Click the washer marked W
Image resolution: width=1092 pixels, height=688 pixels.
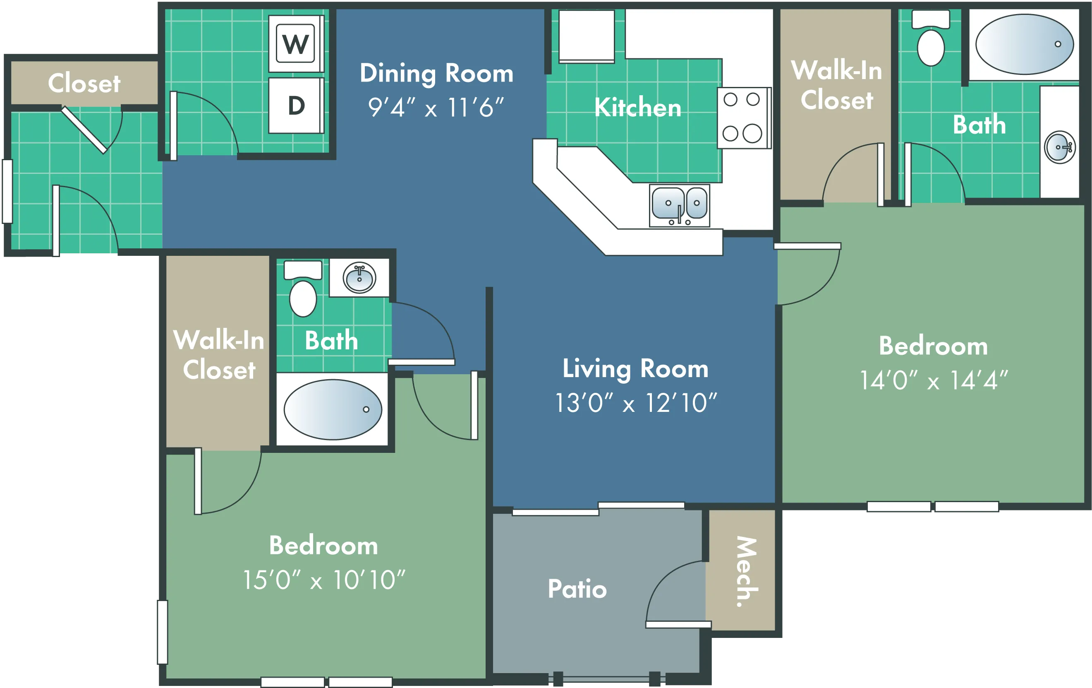[296, 43]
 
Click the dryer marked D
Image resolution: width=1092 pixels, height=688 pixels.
[296, 105]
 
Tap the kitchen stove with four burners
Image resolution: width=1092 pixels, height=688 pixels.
[744, 118]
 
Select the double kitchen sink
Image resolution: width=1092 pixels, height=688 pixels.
[679, 205]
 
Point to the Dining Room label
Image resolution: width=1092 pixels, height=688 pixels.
[436, 73]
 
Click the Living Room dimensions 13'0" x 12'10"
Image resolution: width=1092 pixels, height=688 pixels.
[636, 402]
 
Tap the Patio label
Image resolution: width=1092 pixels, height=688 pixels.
[577, 589]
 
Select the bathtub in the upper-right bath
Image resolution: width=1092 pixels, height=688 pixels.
[1025, 44]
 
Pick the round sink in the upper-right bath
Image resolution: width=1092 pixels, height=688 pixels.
[1059, 147]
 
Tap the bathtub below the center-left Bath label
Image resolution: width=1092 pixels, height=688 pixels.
[333, 409]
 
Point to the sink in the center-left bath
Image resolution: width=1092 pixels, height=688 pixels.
[359, 278]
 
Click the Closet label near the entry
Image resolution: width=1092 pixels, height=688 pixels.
[84, 83]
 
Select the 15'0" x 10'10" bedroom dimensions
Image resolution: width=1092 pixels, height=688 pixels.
[324, 580]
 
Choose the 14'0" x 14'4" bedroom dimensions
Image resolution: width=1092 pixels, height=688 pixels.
[934, 380]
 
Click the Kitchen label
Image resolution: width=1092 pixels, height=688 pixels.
[637, 108]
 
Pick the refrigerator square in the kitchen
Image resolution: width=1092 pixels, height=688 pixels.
[587, 36]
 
